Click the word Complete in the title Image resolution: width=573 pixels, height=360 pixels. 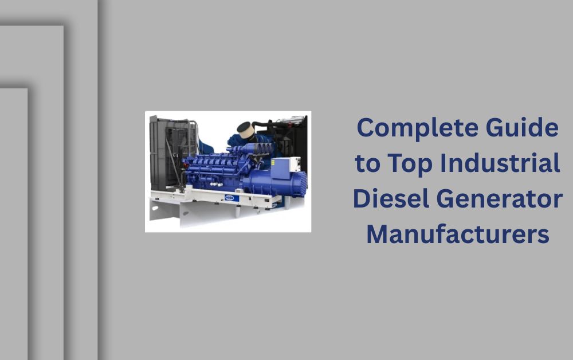tap(417, 128)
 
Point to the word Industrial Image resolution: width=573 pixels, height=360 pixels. tap(500, 163)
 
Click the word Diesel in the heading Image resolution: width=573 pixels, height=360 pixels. tap(391, 198)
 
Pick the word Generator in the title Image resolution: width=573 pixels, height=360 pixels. tap(500, 198)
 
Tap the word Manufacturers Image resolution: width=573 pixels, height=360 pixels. tap(458, 234)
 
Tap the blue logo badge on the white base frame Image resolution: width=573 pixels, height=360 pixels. tap(231, 198)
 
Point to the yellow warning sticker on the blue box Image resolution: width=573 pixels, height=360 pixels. tap(273, 162)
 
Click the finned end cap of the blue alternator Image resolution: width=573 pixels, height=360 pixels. tap(299, 184)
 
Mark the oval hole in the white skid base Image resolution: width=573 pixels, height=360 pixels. tap(155, 208)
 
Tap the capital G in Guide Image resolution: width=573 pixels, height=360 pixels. tap(496, 127)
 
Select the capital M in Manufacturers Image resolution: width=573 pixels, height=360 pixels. tap(378, 234)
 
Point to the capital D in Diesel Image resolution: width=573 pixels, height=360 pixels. tap(363, 198)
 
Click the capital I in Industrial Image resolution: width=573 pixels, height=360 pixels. tap(443, 163)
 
